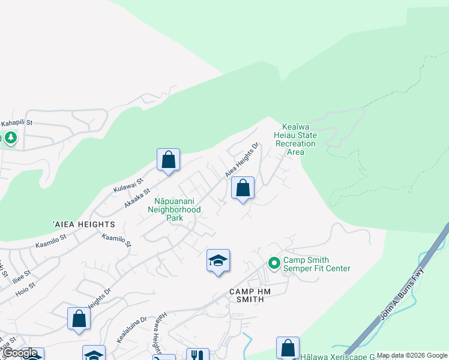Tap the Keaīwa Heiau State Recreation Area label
pos(299,139)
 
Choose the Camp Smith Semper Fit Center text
pos(316,264)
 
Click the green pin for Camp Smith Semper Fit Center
pos(274,263)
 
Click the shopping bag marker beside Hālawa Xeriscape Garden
pos(288,347)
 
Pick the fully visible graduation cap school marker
pos(218,261)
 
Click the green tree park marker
pos(11,139)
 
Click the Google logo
pos(20,353)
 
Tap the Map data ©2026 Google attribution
pos(411,355)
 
